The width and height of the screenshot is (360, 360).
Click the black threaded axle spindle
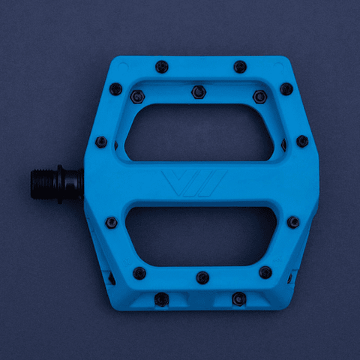pos(46,184)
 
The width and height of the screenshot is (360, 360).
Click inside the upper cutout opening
pos(202,132)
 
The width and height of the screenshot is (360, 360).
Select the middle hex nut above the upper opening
pos(198,91)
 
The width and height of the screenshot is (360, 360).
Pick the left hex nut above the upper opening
pos(136,97)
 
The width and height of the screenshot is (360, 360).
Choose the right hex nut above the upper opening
pos(259,97)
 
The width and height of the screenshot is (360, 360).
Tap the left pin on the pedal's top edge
pos(161,67)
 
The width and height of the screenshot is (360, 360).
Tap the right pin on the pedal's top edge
pos(240,67)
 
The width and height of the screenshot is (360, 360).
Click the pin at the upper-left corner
pos(115,88)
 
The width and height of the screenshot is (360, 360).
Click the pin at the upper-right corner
pos(286,88)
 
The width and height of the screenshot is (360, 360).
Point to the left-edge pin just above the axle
pos(101,142)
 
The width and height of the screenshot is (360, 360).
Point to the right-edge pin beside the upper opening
pos(302,141)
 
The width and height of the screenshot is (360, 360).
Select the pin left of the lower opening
pos(111,222)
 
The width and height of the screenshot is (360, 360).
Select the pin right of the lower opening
pos(293,222)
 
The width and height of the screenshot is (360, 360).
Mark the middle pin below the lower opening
pos(202,277)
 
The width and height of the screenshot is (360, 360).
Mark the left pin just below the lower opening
pos(139,272)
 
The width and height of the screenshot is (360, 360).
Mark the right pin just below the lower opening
pos(265,272)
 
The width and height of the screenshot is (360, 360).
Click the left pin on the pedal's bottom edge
pos(160,299)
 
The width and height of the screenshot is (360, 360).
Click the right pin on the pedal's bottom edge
pos(238,299)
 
